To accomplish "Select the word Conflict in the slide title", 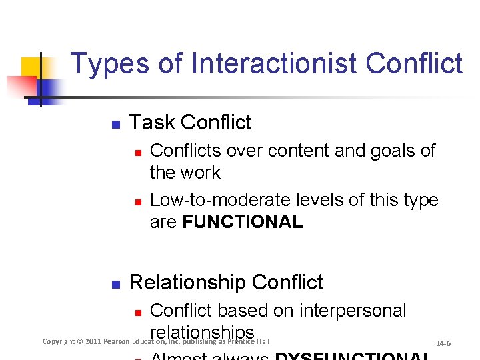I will [x=414, y=64].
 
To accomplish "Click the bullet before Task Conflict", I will [x=115, y=124].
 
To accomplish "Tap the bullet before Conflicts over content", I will [x=137, y=152].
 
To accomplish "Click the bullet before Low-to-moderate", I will [x=137, y=201].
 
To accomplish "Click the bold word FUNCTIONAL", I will [x=243, y=222].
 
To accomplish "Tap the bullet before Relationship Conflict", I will [x=115, y=284].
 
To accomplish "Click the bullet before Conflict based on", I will [x=137, y=312].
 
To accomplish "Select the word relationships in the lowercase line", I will [x=202, y=332].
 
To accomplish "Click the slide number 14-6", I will [x=443, y=343].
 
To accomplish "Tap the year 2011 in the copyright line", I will [x=93, y=341].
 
